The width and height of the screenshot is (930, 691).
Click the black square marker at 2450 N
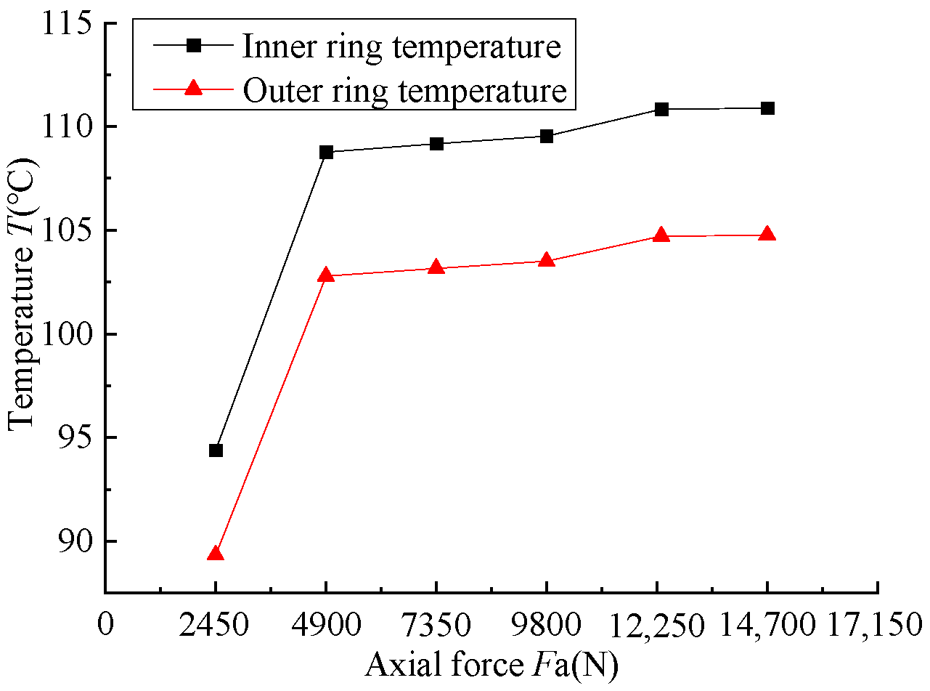pyautogui.click(x=216, y=450)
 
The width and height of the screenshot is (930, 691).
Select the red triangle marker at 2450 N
pyautogui.click(x=215, y=554)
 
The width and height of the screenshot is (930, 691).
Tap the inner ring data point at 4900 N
pyautogui.click(x=326, y=152)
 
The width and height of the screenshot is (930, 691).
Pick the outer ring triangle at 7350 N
pyautogui.click(x=436, y=267)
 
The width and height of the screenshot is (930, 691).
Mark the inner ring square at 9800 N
pyautogui.click(x=547, y=136)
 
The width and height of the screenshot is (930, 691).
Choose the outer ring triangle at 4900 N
pyautogui.click(x=326, y=275)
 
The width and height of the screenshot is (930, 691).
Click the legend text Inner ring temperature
pyautogui.click(x=401, y=47)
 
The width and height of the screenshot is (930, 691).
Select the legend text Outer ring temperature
pyautogui.click(x=404, y=91)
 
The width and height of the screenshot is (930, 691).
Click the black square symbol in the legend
pyautogui.click(x=193, y=46)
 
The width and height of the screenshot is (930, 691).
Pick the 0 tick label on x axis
pyautogui.click(x=106, y=625)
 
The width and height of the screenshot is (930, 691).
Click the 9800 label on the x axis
pyautogui.click(x=547, y=625)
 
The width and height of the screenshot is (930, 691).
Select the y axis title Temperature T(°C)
pyautogui.click(x=23, y=307)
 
